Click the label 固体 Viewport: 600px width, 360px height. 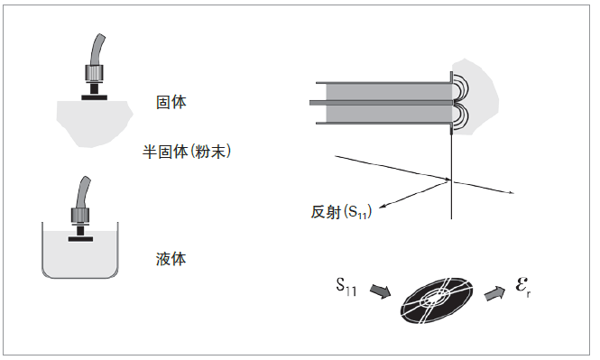click(x=171, y=102)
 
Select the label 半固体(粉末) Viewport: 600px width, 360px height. click(x=187, y=152)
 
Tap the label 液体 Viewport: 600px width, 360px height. click(x=171, y=259)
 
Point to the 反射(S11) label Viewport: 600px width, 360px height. click(x=341, y=211)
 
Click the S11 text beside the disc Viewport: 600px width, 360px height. click(x=346, y=287)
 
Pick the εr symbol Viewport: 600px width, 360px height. click(x=523, y=287)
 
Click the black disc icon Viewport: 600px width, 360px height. click(x=437, y=300)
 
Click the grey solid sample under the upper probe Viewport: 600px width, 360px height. click(x=94, y=123)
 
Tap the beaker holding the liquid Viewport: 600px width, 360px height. click(x=80, y=250)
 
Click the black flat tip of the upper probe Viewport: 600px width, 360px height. click(x=94, y=97)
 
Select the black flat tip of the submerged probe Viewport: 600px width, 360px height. click(x=80, y=239)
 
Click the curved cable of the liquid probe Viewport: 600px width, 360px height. click(x=83, y=193)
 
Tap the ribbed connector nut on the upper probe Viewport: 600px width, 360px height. click(x=94, y=75)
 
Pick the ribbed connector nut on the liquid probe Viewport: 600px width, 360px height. click(x=80, y=217)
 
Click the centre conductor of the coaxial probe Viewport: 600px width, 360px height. click(x=382, y=103)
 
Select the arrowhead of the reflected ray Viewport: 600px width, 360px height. click(x=381, y=207)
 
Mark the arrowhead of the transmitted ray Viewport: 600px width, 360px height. click(x=512, y=192)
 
